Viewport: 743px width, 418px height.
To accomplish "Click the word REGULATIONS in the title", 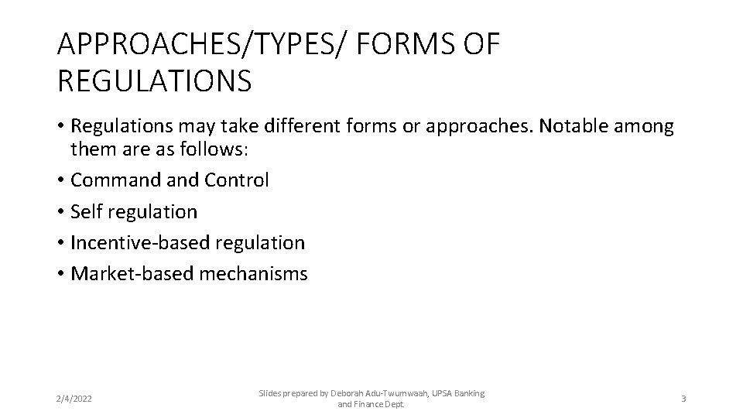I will pos(154,80).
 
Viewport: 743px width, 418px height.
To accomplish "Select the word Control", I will pos(237,180).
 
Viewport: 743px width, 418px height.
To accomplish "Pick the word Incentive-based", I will pos(139,242).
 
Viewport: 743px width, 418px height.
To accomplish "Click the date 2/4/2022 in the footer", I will pos(74,399).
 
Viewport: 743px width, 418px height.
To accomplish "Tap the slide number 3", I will pos(683,399).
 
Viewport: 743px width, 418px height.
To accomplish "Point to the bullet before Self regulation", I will pos(60,211).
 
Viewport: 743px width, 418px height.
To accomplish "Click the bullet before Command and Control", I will pos(60,180).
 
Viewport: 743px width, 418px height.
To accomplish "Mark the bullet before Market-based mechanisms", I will pos(60,273).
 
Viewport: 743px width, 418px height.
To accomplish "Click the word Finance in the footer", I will pos(371,404).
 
